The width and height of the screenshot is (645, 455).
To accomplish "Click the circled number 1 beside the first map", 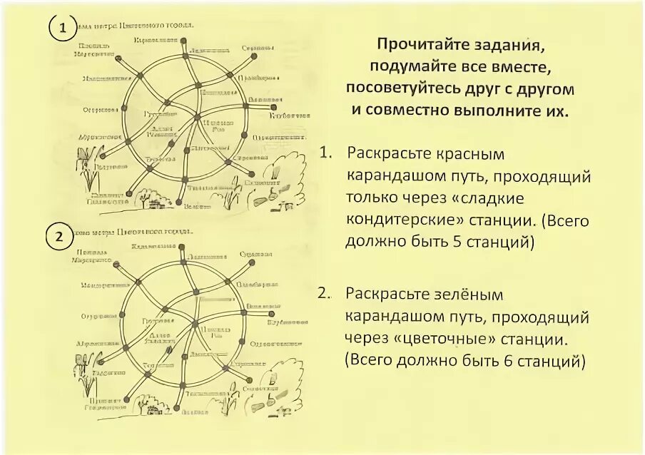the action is (63, 29).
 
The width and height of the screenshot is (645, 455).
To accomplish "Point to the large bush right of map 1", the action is (281, 178).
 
